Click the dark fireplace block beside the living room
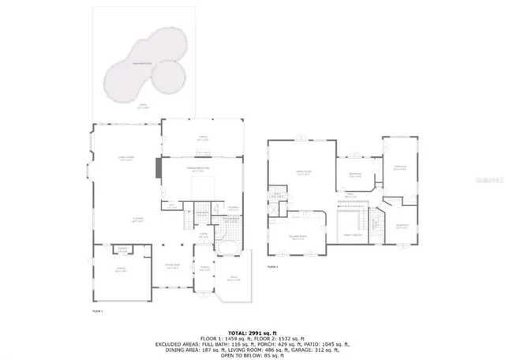click(159, 168)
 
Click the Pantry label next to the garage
click(123, 249)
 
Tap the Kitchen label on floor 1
click(137, 222)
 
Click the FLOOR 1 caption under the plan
click(98, 313)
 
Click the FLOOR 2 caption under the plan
click(273, 268)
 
